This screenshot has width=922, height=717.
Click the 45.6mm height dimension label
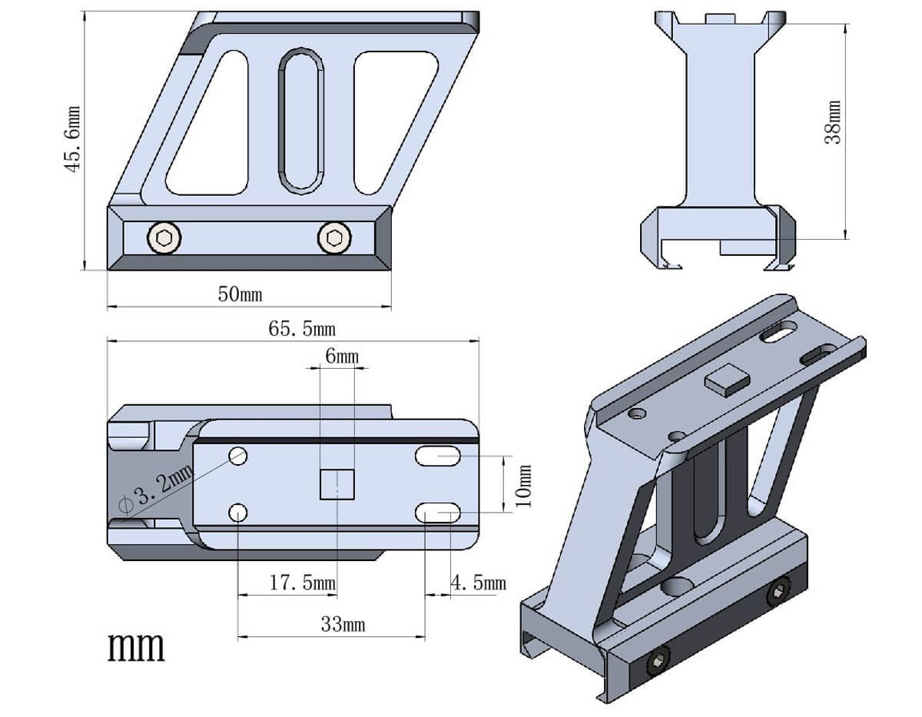pos(73,139)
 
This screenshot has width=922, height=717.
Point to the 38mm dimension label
pos(833,123)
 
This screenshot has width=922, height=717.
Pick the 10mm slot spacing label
pos(522,486)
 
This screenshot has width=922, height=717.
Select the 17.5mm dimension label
pos(302,583)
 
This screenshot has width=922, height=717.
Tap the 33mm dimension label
pos(343,624)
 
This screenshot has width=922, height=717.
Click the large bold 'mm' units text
pos(136,647)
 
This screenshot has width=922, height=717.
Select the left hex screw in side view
pos(164,237)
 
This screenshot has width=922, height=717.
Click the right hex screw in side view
pos(333,237)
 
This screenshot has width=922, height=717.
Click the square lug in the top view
pos(337,484)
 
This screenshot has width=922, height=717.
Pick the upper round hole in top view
pos(237,456)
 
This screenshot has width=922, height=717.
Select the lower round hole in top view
pos(237,513)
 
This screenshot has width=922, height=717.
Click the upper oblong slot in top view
pos(438,456)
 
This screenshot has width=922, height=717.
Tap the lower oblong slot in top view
pos(438,513)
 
